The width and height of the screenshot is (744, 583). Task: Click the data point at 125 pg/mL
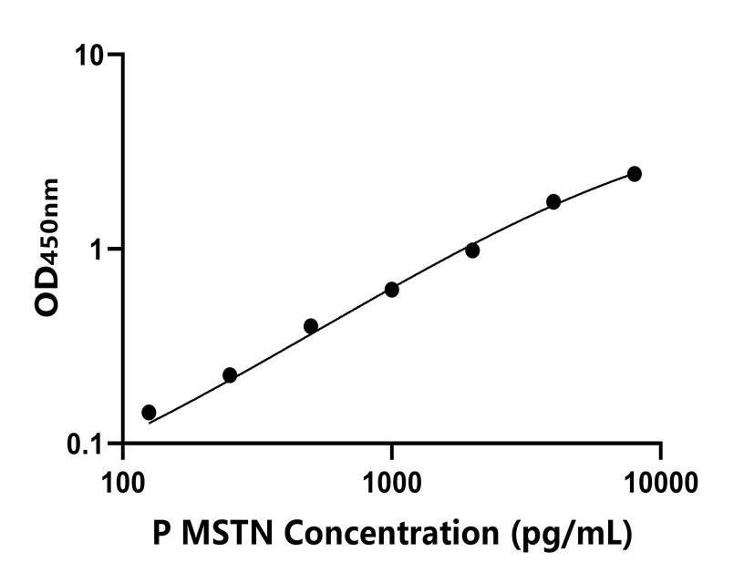[x=149, y=412]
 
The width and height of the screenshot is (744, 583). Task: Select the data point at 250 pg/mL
[x=230, y=375]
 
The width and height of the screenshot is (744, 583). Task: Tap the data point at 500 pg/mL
[x=311, y=326]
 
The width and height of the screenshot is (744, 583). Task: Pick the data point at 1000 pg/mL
[x=392, y=290]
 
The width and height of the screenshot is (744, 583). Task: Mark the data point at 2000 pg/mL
[x=472, y=251]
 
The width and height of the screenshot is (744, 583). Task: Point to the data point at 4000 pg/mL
[x=553, y=201]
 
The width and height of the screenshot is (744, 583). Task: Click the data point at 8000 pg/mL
[x=635, y=174]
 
